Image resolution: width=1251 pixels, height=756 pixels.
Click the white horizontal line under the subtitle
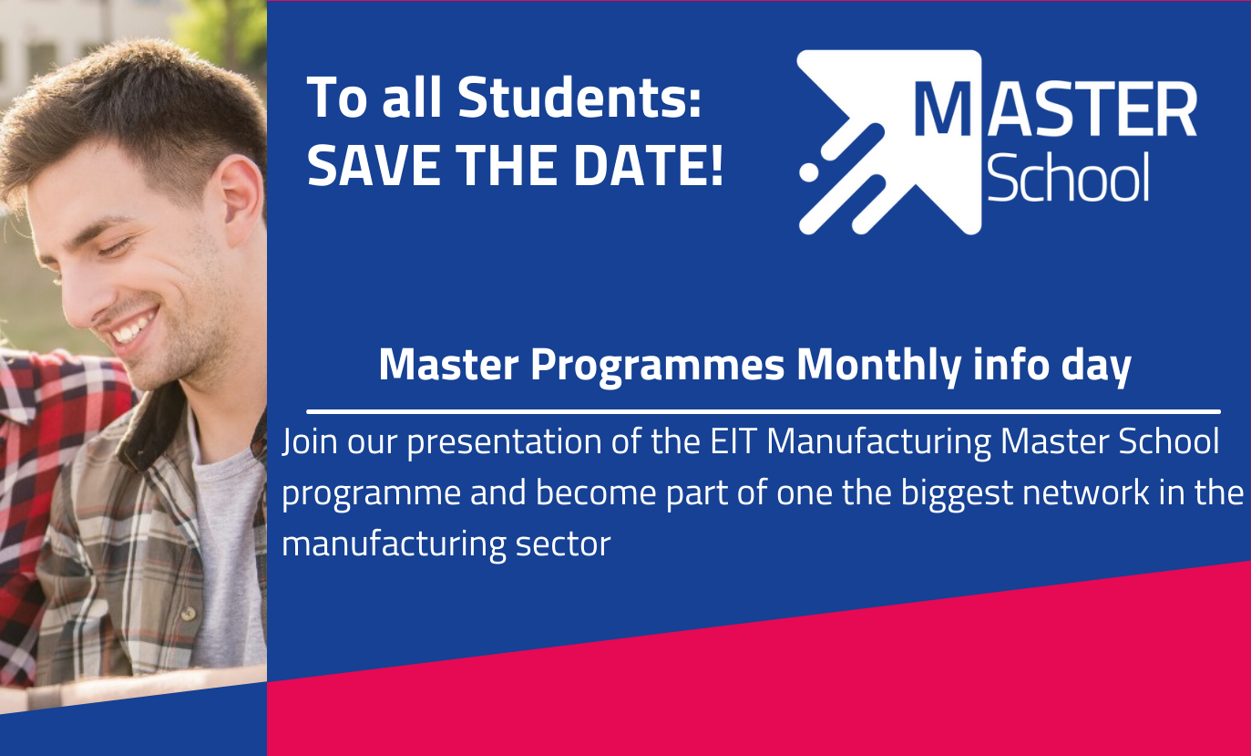tap(763, 412)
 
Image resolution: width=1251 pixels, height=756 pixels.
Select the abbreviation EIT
tap(733, 442)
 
